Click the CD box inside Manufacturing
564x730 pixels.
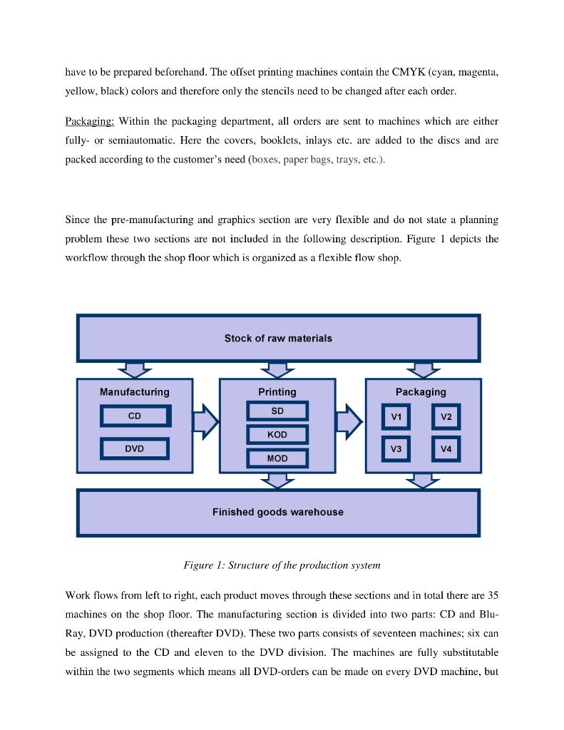coord(135,416)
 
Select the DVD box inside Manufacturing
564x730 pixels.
coord(134,448)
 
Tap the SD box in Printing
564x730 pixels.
coord(277,411)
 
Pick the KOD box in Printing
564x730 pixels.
coord(277,435)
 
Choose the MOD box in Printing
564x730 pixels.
coord(277,458)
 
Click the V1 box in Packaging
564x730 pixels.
coord(396,417)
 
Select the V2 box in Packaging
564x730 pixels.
coord(446,417)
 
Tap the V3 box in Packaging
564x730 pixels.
coord(396,449)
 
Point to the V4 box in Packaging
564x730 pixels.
coord(446,449)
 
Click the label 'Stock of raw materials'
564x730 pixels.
coord(278,339)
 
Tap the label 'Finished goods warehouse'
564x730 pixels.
coord(278,512)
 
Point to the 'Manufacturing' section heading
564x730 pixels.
coord(135,392)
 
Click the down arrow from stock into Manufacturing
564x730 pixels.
coord(134,369)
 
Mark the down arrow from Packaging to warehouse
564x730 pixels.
coord(423,481)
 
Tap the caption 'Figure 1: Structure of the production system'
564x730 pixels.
coord(282,565)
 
